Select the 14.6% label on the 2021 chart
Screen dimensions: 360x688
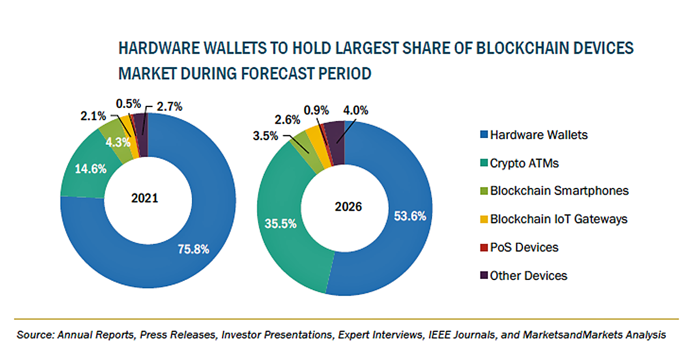(x=90, y=168)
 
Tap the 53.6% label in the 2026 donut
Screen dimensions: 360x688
(x=410, y=216)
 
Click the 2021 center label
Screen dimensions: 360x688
(x=145, y=198)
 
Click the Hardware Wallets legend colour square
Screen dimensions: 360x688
(x=482, y=135)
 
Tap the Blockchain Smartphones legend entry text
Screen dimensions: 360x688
(x=559, y=191)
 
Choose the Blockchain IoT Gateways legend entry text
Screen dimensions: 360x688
(x=558, y=219)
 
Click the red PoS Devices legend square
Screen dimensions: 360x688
(x=482, y=248)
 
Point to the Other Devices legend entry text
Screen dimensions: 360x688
(x=528, y=276)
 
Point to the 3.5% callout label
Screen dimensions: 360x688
(x=266, y=135)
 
